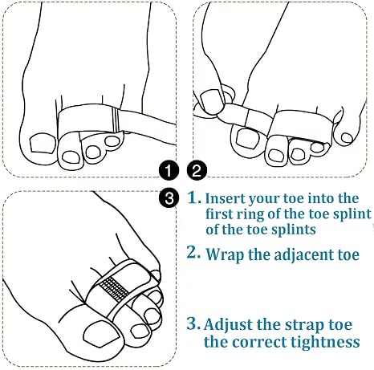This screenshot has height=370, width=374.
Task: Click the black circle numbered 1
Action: click(169, 170)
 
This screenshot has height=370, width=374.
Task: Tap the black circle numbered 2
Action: click(197, 170)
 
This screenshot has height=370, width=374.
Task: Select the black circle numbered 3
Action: click(169, 198)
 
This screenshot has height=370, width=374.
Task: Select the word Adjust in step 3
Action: click(228, 325)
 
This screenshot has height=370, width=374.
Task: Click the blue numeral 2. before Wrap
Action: click(193, 252)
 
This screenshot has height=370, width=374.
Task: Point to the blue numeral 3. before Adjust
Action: click(193, 323)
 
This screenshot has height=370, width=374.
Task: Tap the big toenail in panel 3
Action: click(103, 334)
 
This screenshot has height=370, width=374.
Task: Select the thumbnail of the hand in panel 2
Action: click(212, 101)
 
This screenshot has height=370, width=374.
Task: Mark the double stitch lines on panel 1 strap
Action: click(116, 120)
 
